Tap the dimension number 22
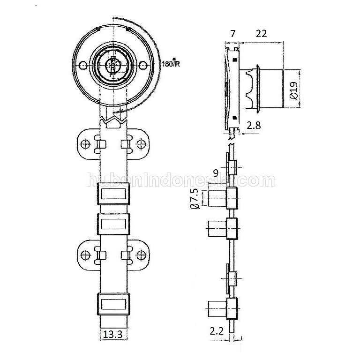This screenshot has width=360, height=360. click(x=262, y=34)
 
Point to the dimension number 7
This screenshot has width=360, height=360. click(x=233, y=34)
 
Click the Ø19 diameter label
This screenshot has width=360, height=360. click(x=293, y=90)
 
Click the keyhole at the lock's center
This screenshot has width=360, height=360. click(x=113, y=67)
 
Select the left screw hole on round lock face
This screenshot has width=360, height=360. click(x=83, y=66)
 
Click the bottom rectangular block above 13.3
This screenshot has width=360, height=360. click(x=113, y=304)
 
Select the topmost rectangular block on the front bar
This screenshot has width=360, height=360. click(x=113, y=194)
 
